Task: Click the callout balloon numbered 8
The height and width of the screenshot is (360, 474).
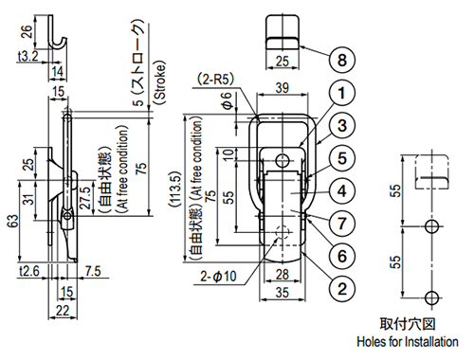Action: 342,60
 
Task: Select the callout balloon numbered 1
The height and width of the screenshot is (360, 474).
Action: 342,93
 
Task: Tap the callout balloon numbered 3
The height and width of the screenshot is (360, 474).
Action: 342,125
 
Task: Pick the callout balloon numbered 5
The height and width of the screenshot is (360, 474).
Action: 342,158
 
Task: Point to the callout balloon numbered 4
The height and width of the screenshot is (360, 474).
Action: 342,191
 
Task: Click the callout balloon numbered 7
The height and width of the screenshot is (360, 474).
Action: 342,224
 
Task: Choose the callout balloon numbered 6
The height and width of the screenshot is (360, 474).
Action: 342,256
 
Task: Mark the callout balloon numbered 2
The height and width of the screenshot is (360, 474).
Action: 342,289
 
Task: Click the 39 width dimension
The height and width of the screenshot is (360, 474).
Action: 283,87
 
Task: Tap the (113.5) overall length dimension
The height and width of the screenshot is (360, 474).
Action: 174,189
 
